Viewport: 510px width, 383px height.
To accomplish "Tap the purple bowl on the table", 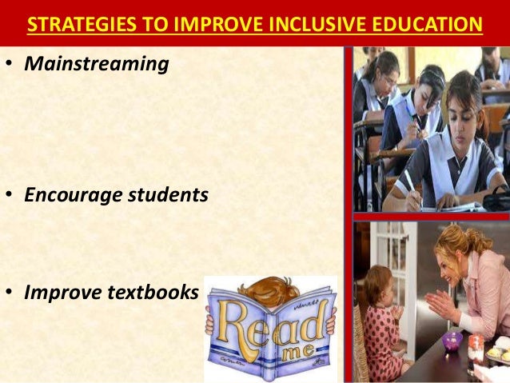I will (453, 339).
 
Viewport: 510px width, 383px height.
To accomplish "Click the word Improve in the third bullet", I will (58, 293).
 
